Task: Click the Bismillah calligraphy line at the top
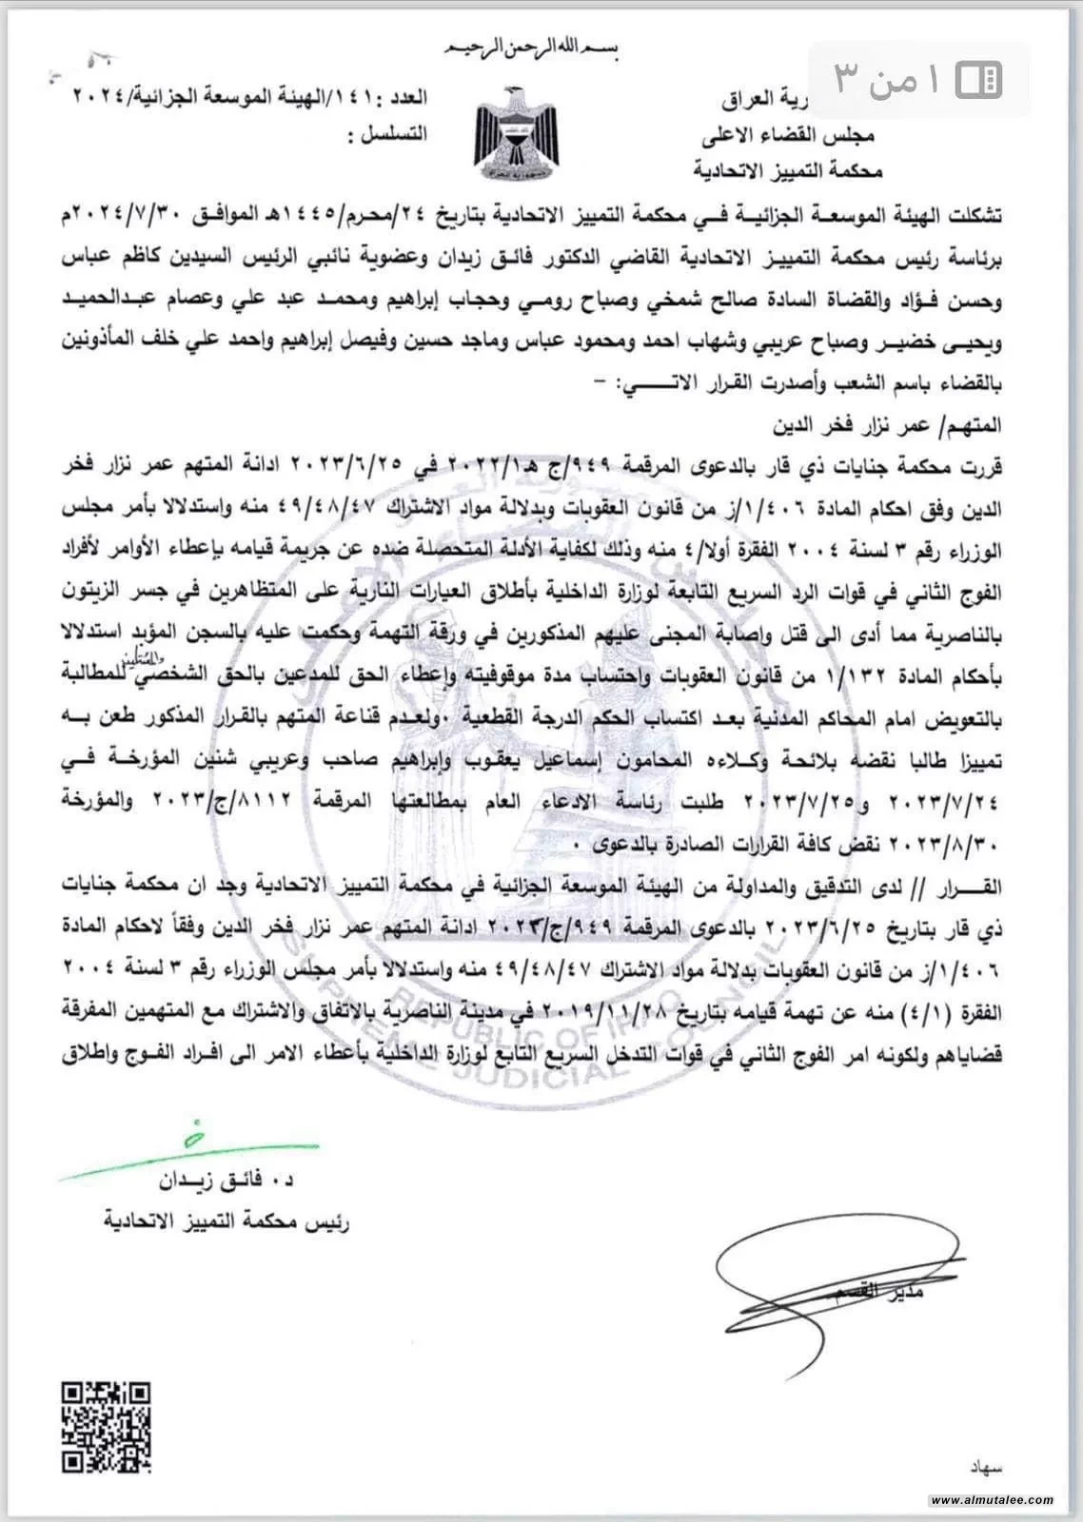pyautogui.click(x=541, y=48)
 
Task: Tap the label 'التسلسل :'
pyautogui.click(x=389, y=135)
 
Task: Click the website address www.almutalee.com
pyautogui.click(x=993, y=1500)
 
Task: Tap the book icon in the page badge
pyautogui.click(x=975, y=80)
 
